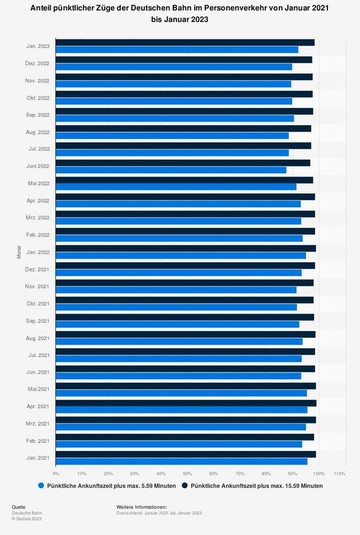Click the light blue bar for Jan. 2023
177,50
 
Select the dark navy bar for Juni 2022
183,163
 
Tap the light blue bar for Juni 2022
171,170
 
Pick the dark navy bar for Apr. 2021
186,403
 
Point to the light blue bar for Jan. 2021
181,461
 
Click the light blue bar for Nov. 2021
176,290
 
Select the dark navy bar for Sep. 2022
184,111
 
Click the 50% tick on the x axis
187,474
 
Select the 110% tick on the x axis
339,474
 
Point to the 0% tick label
55,474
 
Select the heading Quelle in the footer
19,508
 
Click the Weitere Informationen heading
141,508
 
